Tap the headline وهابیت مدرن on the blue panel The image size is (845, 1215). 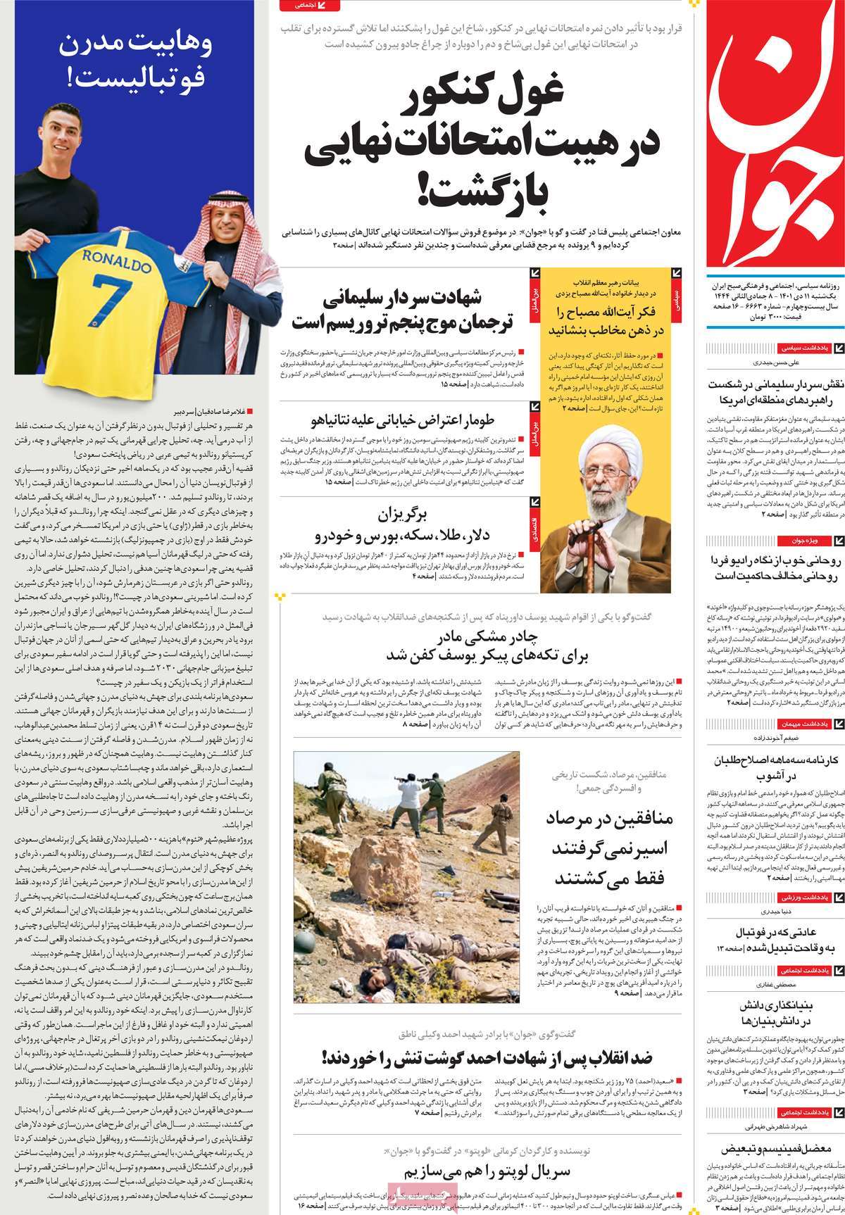pyautogui.click(x=133, y=45)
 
